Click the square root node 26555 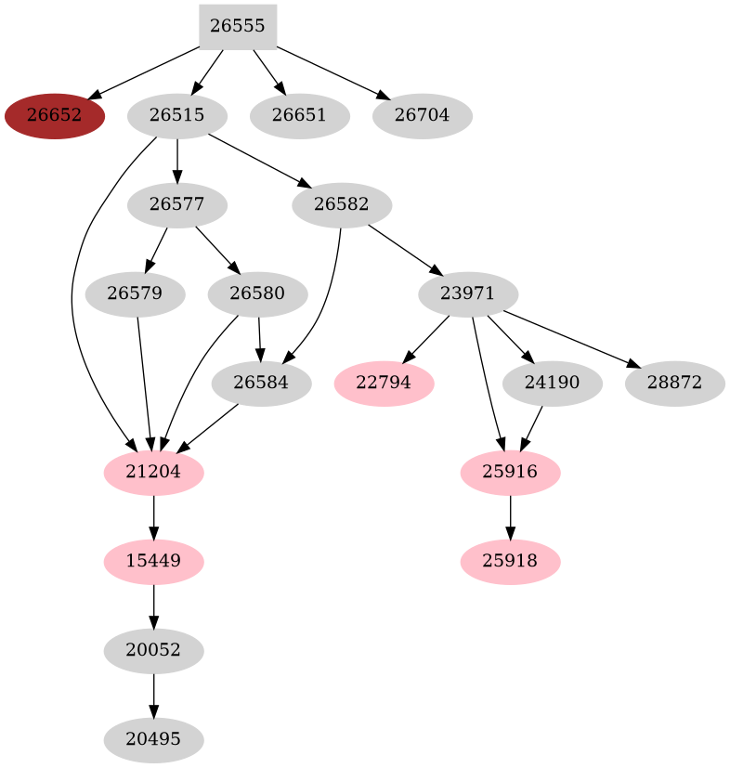point(238,26)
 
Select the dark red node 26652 point(54,116)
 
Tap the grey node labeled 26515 point(176,116)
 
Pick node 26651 point(299,116)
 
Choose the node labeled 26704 point(422,116)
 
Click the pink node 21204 point(153,473)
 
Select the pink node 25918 point(510,562)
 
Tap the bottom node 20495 point(153,740)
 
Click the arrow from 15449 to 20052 point(153,606)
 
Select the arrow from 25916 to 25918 point(510,517)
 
